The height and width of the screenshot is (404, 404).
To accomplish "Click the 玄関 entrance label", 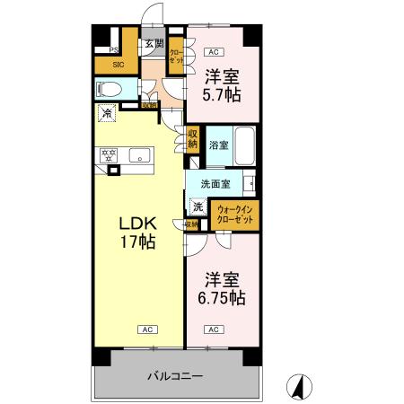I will point(153,42).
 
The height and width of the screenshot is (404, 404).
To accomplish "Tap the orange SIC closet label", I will point(118,65).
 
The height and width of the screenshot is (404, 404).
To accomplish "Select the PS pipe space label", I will point(114,50).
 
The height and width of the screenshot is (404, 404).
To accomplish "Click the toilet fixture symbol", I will point(110,90).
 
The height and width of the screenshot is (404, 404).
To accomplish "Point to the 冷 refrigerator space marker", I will point(107,114).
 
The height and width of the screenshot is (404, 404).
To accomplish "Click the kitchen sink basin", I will point(139,156).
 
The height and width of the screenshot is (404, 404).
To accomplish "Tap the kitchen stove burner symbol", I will point(109,154).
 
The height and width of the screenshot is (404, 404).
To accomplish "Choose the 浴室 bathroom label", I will point(218,144).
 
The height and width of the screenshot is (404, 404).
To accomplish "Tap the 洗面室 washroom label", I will point(215,184).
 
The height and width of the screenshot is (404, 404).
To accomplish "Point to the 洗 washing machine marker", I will point(197,206).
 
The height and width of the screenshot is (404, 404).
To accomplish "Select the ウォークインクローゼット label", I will point(236,215).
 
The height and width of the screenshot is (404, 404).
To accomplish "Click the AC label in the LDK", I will point(143,330).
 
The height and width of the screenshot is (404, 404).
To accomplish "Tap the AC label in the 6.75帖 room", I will point(214,330).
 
